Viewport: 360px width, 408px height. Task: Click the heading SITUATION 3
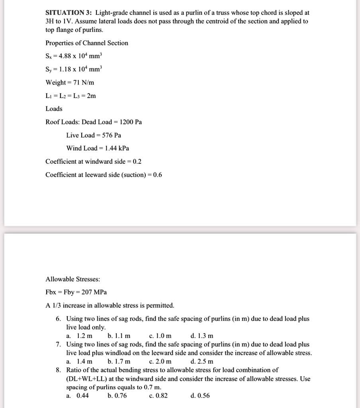click(68, 13)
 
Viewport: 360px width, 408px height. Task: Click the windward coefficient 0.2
click(137, 161)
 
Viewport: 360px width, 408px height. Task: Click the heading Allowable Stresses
click(70, 279)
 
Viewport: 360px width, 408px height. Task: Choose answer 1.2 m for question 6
click(84, 336)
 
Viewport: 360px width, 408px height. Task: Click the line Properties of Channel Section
click(87, 43)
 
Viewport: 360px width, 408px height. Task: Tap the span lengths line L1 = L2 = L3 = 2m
click(71, 96)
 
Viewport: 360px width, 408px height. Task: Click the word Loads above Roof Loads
click(54, 109)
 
